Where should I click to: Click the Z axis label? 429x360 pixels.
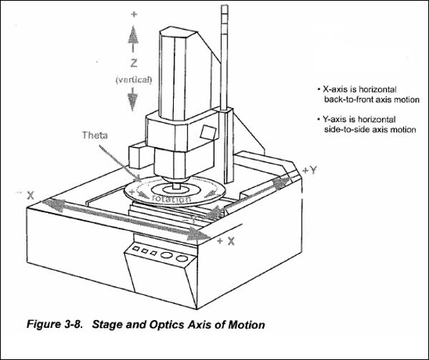(x=134, y=64)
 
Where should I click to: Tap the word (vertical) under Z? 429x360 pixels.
(x=134, y=80)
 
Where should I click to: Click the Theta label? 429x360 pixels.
(x=94, y=135)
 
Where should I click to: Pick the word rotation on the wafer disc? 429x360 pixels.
(x=171, y=199)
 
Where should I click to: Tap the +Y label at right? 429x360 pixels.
(x=310, y=170)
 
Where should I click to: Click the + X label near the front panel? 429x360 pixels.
(x=226, y=241)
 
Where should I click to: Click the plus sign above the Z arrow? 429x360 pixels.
(x=134, y=14)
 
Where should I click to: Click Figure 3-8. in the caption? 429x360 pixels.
(x=54, y=324)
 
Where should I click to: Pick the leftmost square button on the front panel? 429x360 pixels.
(x=135, y=249)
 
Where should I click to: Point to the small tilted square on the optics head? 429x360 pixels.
(x=207, y=133)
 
